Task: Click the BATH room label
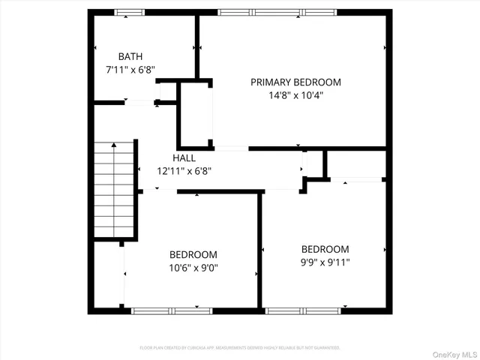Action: click(x=130, y=56)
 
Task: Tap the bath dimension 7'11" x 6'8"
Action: click(x=130, y=70)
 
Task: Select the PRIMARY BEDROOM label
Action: click(x=295, y=82)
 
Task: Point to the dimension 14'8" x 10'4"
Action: click(x=295, y=95)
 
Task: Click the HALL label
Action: click(x=184, y=157)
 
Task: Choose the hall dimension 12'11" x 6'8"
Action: click(x=184, y=170)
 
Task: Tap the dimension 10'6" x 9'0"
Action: click(x=193, y=268)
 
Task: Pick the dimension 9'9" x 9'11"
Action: click(x=325, y=262)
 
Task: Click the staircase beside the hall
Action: click(x=113, y=189)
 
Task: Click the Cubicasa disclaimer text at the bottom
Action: click(x=240, y=348)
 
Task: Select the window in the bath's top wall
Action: click(x=130, y=12)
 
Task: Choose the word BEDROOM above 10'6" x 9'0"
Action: click(x=193, y=254)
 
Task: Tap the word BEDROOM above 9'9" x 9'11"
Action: click(x=325, y=249)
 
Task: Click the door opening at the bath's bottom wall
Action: click(x=139, y=103)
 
